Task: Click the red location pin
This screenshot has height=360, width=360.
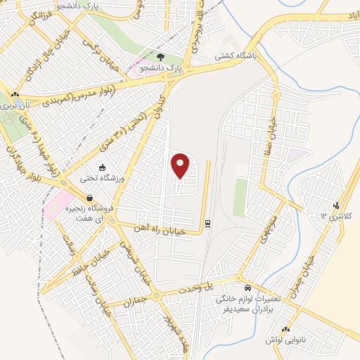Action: pyautogui.click(x=181, y=165)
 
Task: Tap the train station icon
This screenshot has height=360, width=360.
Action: pyautogui.click(x=208, y=223)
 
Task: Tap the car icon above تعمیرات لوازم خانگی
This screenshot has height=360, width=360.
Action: pyautogui.click(x=247, y=288)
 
